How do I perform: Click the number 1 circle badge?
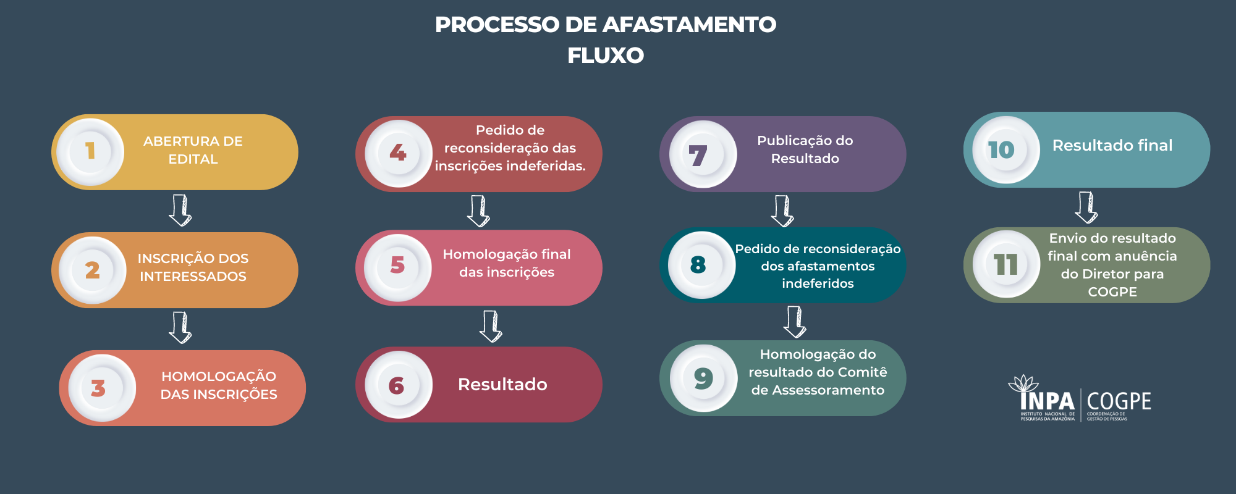click(x=90, y=151)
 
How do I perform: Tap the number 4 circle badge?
click(x=398, y=153)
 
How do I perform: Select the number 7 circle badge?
click(x=703, y=154)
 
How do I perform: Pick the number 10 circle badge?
click(x=1005, y=149)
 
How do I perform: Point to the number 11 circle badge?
click(x=1006, y=264)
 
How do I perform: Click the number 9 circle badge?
click(x=703, y=378)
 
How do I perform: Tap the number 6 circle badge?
click(x=398, y=385)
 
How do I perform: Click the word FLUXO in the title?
click(x=606, y=56)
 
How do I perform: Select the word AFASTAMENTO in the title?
click(x=689, y=25)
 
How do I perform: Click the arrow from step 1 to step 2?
click(x=180, y=211)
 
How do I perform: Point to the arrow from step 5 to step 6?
click(x=491, y=326)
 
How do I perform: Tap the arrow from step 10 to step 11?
click(x=1086, y=207)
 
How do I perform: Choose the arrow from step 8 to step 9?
click(x=795, y=322)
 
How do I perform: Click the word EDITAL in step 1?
click(x=193, y=159)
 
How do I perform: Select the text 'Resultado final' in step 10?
click(x=1112, y=145)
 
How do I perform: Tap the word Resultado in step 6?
click(x=502, y=385)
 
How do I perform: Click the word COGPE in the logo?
click(x=1119, y=401)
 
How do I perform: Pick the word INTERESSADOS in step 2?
click(x=193, y=277)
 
